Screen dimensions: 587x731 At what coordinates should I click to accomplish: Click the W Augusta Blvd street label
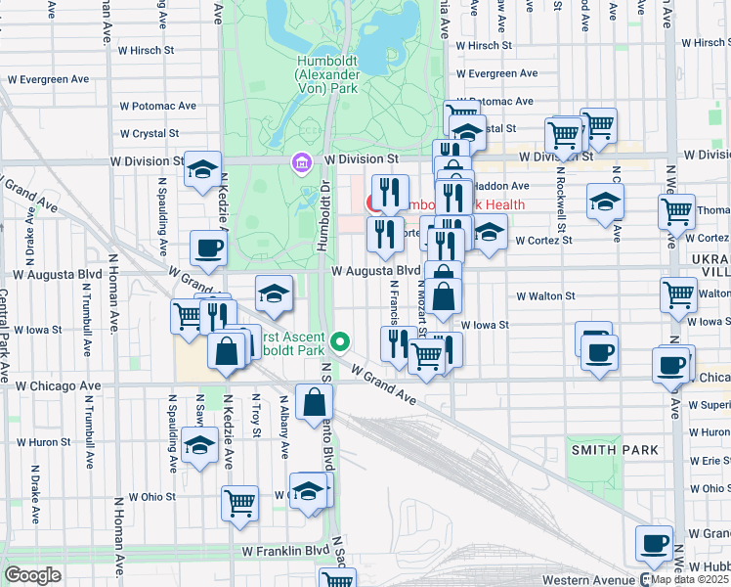(x=375, y=271)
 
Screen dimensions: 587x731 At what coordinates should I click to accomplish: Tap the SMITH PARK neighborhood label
(x=615, y=449)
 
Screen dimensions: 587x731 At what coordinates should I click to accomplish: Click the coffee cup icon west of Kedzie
(x=208, y=248)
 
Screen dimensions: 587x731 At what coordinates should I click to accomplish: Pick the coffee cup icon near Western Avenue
(x=654, y=543)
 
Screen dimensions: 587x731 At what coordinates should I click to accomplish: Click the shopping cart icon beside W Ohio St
(x=239, y=503)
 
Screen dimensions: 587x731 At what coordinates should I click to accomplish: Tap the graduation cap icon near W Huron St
(x=200, y=445)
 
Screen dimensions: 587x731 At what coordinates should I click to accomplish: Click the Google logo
(x=32, y=575)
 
